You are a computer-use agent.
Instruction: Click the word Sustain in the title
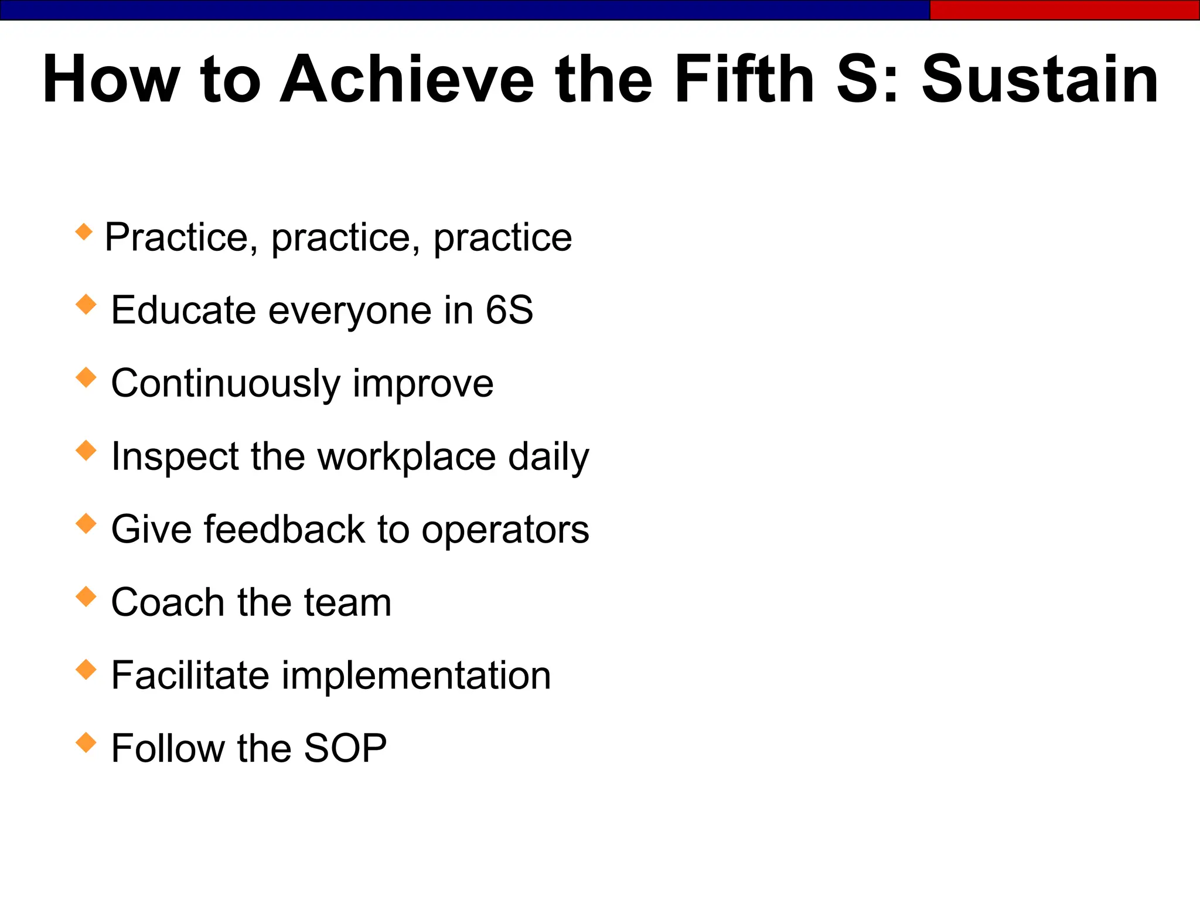1039,80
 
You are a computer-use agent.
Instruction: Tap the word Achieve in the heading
407,80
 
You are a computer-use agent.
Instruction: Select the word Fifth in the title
744,80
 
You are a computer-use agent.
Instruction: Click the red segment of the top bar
1064,10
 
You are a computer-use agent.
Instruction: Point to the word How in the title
111,80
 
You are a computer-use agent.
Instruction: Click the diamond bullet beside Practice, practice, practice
84,231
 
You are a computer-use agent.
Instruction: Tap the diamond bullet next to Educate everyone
86,305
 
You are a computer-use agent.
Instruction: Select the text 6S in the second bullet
509,310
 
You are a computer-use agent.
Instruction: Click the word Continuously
226,384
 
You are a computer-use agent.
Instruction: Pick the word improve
423,384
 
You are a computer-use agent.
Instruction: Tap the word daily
548,456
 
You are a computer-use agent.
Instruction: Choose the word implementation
416,676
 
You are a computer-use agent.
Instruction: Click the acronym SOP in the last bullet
345,748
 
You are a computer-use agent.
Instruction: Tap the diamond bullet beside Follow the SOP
86,742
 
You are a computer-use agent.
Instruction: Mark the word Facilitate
190,676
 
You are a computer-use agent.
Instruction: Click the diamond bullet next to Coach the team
86,596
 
